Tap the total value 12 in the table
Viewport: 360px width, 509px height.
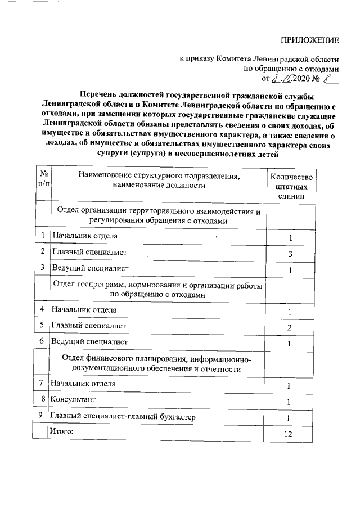click(x=289, y=434)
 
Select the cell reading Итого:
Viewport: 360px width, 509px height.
click(x=62, y=431)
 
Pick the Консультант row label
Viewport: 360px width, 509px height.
click(x=73, y=400)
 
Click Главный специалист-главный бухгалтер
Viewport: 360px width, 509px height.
click(x=124, y=417)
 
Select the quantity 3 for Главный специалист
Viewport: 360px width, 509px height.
click(x=289, y=254)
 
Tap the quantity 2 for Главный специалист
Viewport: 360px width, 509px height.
click(x=289, y=328)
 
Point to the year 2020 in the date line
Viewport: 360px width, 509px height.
click(x=299, y=79)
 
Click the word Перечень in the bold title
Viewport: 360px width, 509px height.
click(x=100, y=96)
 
